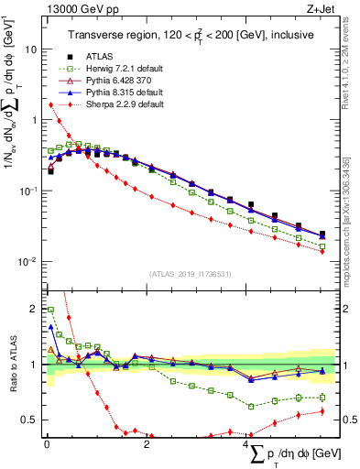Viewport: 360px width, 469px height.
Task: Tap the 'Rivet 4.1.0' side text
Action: tap(352, 69)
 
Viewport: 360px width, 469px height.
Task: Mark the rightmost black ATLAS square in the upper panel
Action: tap(322, 234)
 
